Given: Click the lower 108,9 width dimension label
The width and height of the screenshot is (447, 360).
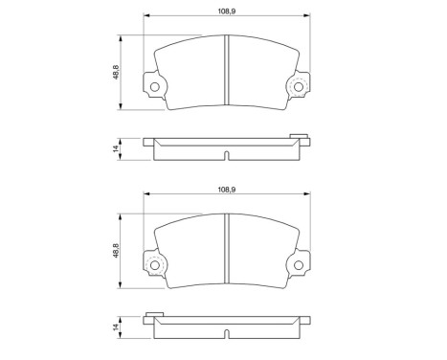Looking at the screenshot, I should [227, 191].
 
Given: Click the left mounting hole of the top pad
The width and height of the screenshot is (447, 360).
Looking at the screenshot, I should [155, 89].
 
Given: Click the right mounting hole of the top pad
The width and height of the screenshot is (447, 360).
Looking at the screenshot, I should [298, 89].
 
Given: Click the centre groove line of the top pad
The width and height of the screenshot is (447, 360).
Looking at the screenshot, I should [226, 66].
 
